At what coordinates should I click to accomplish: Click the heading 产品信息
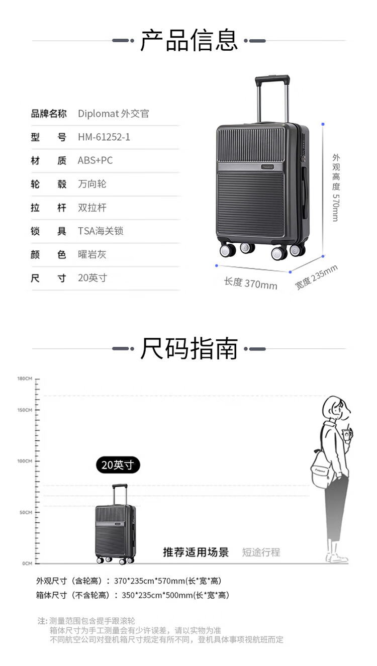[189, 40]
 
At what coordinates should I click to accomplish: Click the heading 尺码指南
[189, 348]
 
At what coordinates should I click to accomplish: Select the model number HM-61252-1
[104, 137]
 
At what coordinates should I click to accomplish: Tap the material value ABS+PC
[95, 160]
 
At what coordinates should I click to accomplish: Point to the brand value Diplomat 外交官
[114, 114]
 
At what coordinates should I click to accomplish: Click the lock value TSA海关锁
[101, 231]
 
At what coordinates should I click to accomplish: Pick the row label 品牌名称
[48, 114]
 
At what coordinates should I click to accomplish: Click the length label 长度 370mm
[250, 283]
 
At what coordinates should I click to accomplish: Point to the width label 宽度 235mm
[316, 277]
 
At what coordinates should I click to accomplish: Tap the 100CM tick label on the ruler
[25, 461]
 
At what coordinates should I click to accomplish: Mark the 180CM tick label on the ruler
[25, 378]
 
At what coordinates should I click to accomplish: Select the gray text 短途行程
[261, 552]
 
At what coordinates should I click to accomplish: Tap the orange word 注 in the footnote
[42, 621]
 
